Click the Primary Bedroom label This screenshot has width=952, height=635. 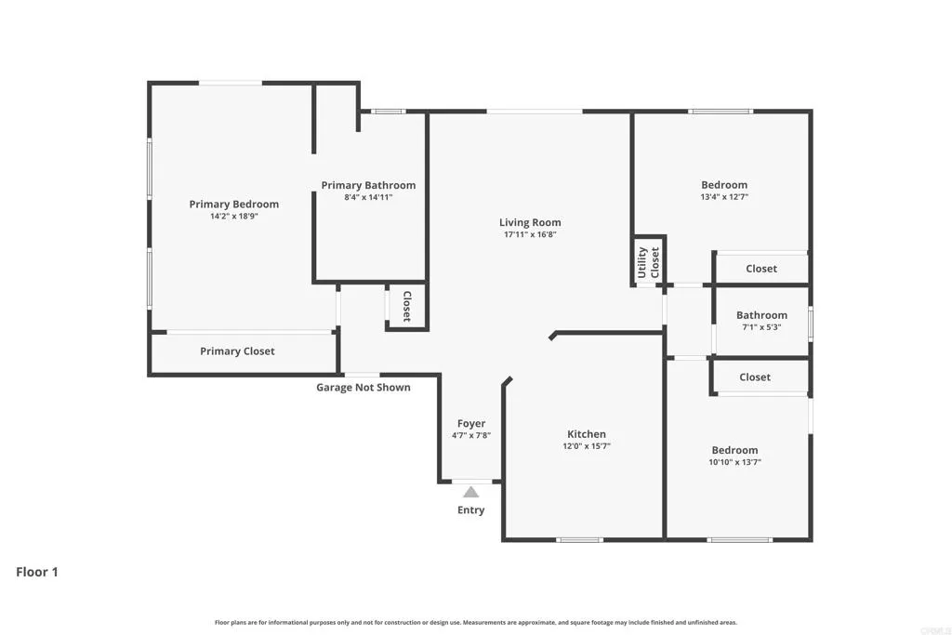click(x=233, y=205)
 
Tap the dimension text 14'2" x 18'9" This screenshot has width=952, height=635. click(x=233, y=217)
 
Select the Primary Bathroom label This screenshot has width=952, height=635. click(x=368, y=185)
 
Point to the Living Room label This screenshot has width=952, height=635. click(x=530, y=222)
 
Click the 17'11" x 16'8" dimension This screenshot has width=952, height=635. click(x=530, y=234)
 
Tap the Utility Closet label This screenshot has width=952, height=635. click(x=648, y=262)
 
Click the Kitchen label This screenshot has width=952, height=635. click(x=587, y=434)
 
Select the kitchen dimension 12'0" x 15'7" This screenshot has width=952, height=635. click(x=587, y=446)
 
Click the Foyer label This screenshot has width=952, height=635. click(x=471, y=424)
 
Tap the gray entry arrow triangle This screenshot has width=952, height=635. click(x=471, y=492)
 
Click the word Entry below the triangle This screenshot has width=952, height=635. click(x=471, y=509)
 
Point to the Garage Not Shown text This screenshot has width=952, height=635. click(x=364, y=387)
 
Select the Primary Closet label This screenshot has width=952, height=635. click(x=237, y=351)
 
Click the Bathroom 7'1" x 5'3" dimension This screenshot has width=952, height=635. click(x=761, y=327)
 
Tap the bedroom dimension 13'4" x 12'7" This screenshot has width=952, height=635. click(x=723, y=197)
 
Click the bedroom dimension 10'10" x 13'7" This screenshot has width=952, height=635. click(x=734, y=462)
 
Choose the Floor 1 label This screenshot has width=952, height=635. click(x=37, y=572)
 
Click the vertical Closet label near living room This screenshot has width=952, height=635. click(x=406, y=307)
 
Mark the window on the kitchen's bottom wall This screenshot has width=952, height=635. click(x=579, y=539)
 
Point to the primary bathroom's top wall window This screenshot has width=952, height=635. click(x=389, y=112)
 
